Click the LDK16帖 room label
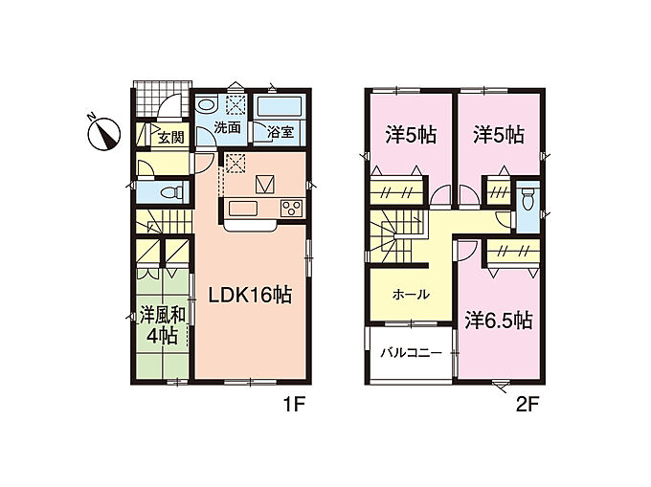tap(250, 296)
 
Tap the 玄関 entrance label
tap(170, 137)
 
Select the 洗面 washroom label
tap(227, 127)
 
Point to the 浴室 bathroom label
tap(281, 132)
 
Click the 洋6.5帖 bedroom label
tap(498, 321)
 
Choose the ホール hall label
tap(411, 295)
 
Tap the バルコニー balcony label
tap(412, 353)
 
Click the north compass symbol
tap(103, 134)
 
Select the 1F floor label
tap(294, 405)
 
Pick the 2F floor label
tap(528, 405)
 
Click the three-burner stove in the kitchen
tap(292, 208)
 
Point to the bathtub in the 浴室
tap(279, 107)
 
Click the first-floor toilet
tap(171, 192)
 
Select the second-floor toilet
tap(528, 199)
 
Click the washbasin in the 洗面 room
tap(207, 104)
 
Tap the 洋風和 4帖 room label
tap(162, 325)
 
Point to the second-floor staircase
tap(397, 236)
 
